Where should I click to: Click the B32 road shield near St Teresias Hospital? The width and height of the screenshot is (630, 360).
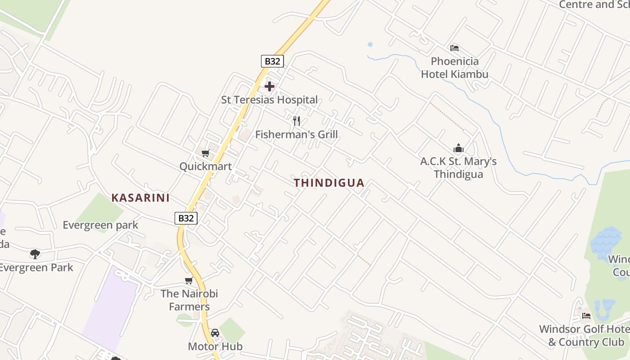pos(272,61)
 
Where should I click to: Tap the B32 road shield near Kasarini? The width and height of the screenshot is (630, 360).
pos(186,218)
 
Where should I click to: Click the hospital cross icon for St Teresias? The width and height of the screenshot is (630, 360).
pos(270,86)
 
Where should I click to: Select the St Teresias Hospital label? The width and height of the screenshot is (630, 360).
pos(269,100)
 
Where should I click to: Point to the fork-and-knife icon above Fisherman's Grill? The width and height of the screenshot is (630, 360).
pos(297,121)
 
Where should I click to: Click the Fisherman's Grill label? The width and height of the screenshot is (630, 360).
pos(296,134)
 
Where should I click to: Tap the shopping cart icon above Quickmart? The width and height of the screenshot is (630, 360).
pos(206,153)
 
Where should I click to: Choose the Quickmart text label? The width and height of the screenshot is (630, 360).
pos(206,166)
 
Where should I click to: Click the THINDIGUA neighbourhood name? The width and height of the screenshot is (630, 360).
pos(329,183)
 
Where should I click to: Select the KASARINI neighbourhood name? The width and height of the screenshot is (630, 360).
pos(140,198)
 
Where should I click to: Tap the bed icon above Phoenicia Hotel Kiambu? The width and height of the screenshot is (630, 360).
pos(454,48)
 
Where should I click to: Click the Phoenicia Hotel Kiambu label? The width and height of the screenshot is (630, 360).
pos(454,67)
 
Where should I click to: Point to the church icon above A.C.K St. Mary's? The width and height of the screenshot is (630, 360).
pos(459,148)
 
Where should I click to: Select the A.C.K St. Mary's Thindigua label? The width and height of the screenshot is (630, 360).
pos(459,168)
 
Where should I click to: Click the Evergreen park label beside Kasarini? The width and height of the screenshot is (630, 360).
pos(100,225)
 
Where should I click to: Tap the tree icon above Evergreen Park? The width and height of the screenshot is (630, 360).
pos(35,254)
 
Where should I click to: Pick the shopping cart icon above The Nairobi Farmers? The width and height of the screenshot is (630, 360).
pos(189,281)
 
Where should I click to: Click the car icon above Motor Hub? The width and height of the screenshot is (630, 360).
pos(215,333)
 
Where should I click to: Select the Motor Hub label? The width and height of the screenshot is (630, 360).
pos(215,346)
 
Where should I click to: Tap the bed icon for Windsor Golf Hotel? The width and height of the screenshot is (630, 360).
pos(586,316)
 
